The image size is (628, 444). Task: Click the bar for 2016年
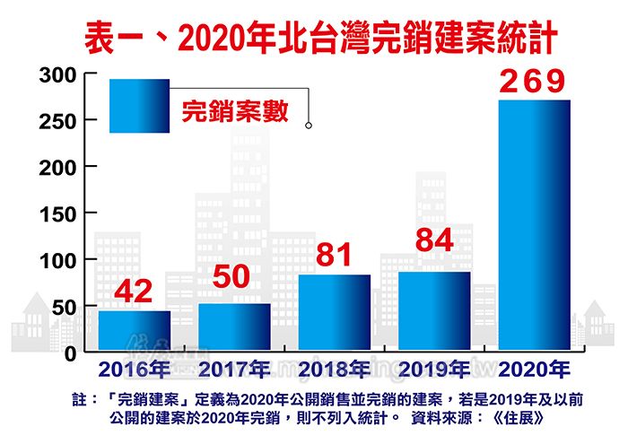[x=134, y=331]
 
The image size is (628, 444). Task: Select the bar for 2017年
[x=234, y=327]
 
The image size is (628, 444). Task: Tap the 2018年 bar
[x=334, y=313]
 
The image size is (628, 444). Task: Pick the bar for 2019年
[x=434, y=311]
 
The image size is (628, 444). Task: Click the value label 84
[x=433, y=242]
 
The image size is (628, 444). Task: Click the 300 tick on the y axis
[x=56, y=76]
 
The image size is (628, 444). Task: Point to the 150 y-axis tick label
[x=56, y=213]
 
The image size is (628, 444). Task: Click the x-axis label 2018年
[x=334, y=370]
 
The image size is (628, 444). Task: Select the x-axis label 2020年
[x=535, y=370]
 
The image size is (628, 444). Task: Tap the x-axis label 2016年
[x=135, y=370]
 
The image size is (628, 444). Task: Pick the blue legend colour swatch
[x=139, y=106]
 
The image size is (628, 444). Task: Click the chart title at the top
[x=313, y=38]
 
